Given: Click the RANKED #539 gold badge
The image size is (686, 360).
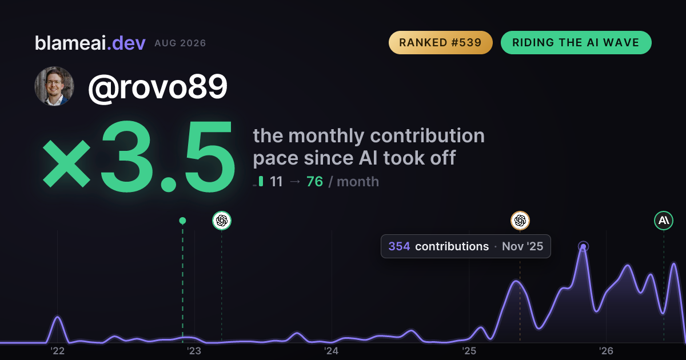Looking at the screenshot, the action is pos(440,42).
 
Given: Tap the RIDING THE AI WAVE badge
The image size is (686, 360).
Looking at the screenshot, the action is pos(576,42).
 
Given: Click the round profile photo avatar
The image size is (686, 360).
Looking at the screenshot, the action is pos(54,86).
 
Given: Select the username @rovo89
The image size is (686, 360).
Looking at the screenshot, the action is pos(158,87).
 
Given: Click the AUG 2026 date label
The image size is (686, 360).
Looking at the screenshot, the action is pos(180,43).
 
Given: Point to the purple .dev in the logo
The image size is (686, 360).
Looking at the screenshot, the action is pos(126,43).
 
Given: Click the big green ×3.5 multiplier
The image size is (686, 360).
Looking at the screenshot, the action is pos(139,156).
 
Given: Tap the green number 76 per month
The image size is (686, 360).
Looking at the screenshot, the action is pos(314,182).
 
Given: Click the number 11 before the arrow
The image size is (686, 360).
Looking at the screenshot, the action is pos(276,182).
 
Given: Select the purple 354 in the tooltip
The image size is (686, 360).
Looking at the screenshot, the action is pos(399,246).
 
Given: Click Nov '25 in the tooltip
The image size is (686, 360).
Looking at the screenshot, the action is pos(523,246).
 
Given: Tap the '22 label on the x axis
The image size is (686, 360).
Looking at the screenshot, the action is pos(57,351).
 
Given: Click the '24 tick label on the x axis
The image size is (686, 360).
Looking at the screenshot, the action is pos(332,351).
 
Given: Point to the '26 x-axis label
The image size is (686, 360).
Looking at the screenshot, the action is pos(606,351).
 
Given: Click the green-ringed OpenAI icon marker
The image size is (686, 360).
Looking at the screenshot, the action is pos(222,221).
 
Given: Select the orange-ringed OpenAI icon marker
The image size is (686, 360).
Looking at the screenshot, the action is pos(520,221).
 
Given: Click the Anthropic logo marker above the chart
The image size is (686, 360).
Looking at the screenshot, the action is pos(664,221).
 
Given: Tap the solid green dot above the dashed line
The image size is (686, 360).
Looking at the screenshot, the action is pos(182,221).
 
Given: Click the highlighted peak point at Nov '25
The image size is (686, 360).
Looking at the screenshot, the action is pos(584,247).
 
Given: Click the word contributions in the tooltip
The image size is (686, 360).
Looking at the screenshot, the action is pos(452,246).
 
